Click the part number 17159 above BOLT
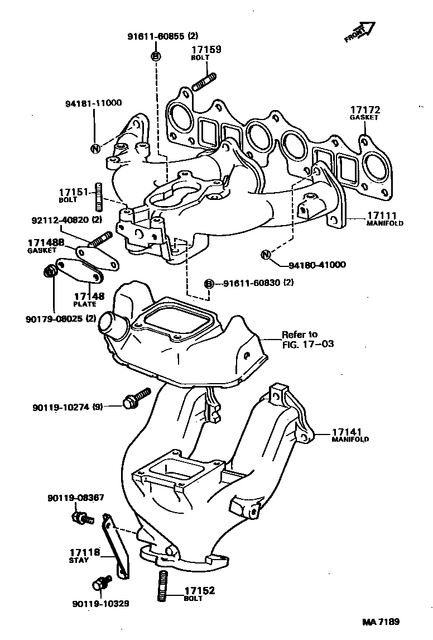coord(206,50)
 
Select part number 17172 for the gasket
coord(364,110)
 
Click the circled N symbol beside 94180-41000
coord(266,255)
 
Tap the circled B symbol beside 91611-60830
coord(209,284)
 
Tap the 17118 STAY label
coord(84,555)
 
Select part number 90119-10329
coord(100,604)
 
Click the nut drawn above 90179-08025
coord(50,272)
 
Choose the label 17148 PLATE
coord(89,299)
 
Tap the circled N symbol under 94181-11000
coord(95,148)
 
